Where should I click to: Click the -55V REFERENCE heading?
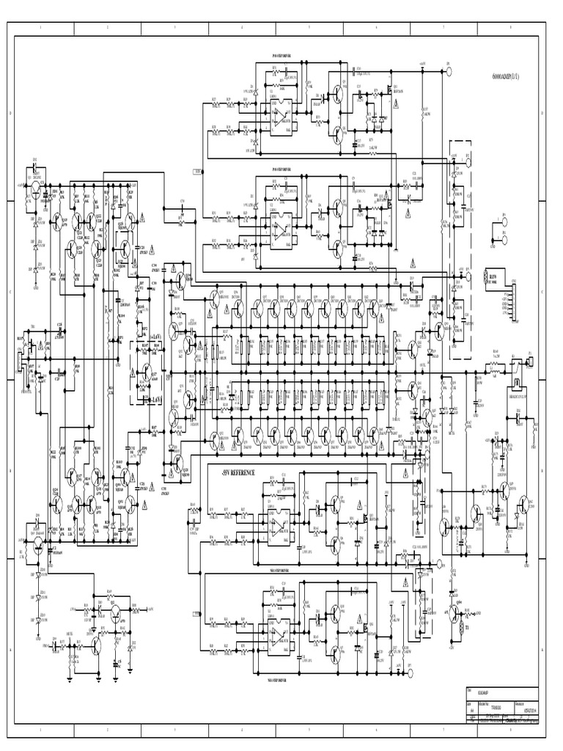coord(235,474)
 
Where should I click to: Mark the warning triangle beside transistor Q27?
coord(132,373)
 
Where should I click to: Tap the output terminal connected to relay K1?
coord(529,361)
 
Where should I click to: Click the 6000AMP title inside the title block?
coord(485,690)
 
